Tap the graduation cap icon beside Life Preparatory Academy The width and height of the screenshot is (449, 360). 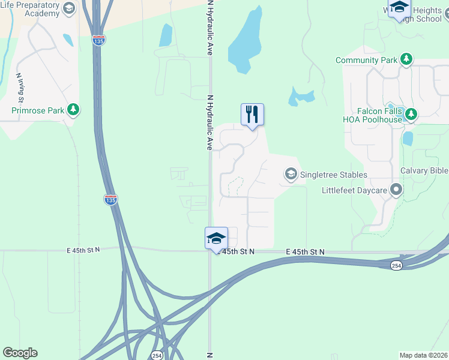point(69,8)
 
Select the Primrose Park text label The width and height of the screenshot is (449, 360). point(38,110)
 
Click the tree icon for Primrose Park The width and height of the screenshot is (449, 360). point(73,110)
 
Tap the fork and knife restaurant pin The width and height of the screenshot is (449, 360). point(252,114)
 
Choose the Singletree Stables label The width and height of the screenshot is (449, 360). point(334,175)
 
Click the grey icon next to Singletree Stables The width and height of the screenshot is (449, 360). point(291,175)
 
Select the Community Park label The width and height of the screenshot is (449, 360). point(366,60)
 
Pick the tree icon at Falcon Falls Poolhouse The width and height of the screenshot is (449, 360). point(411,113)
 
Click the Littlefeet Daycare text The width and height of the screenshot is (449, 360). point(353,190)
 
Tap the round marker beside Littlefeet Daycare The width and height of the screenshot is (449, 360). point(396,190)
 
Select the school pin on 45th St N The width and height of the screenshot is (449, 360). point(216,238)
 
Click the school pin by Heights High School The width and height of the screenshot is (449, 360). point(399,8)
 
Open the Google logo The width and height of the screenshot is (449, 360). point(20,353)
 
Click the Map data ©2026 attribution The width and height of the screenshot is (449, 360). point(424,355)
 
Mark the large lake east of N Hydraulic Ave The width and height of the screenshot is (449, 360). point(245,42)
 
